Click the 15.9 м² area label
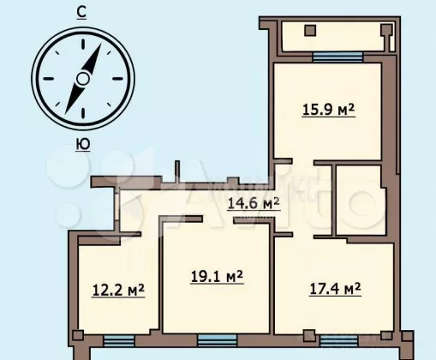[328, 110]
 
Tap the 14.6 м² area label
[254, 203]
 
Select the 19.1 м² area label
[217, 276]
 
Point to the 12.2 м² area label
[118, 291]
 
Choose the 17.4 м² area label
[335, 289]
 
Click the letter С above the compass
[81, 13]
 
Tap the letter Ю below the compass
[83, 144]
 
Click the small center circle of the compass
[83, 79]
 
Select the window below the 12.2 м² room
[118, 341]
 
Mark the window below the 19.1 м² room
[218, 340]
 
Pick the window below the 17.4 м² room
[338, 341]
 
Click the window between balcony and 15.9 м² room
[337, 57]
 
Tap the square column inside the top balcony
[310, 31]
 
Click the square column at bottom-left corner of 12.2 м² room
[78, 335]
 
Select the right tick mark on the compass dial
[117, 79]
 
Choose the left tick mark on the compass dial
[49, 79]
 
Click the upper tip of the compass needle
[101, 43]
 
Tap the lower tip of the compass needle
[65, 114]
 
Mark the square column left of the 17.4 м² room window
[309, 335]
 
